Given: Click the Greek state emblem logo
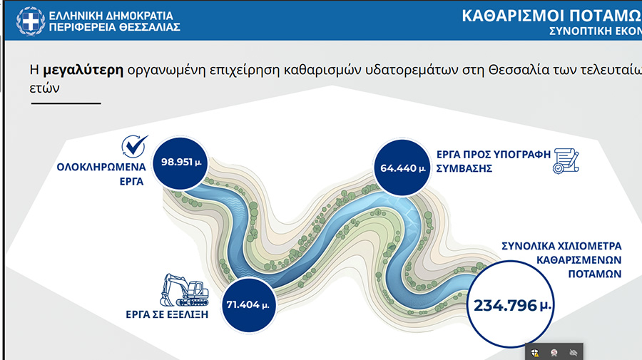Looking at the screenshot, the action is (x=30, y=21).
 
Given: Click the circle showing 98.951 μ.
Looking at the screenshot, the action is (x=180, y=163).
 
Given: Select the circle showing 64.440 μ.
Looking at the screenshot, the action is (x=402, y=168).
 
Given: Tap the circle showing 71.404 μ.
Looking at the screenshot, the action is (x=248, y=305).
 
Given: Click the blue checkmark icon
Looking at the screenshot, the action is (x=135, y=146).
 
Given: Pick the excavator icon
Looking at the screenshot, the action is (x=184, y=290).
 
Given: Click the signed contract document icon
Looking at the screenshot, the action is (x=566, y=161).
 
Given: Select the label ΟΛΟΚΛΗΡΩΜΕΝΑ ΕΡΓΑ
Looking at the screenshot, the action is (x=101, y=174).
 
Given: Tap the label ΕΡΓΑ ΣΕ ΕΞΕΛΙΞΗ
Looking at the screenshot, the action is (x=167, y=314).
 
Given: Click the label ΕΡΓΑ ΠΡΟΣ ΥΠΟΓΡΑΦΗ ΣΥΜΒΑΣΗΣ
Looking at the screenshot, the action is (x=494, y=162).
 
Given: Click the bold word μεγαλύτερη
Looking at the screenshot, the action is (x=83, y=71).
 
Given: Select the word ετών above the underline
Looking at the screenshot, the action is (x=44, y=88).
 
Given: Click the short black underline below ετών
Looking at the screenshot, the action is (x=66, y=103).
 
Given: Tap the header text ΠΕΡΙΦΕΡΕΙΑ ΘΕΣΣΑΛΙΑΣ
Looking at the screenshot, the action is (x=114, y=27).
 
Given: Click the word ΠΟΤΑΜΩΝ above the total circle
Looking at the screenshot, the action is (x=594, y=274).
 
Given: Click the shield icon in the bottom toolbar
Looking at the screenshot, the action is (x=535, y=353).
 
